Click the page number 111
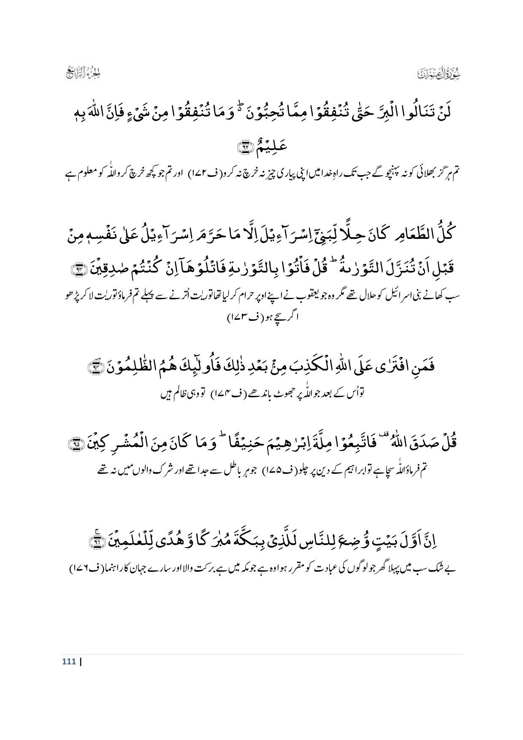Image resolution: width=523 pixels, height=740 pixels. tap(68, 662)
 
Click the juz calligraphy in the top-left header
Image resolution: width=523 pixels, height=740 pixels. tap(82, 74)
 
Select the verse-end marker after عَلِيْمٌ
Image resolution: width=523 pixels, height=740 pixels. tap(244, 147)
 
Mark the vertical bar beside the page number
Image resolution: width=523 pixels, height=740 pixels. tap(80, 662)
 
